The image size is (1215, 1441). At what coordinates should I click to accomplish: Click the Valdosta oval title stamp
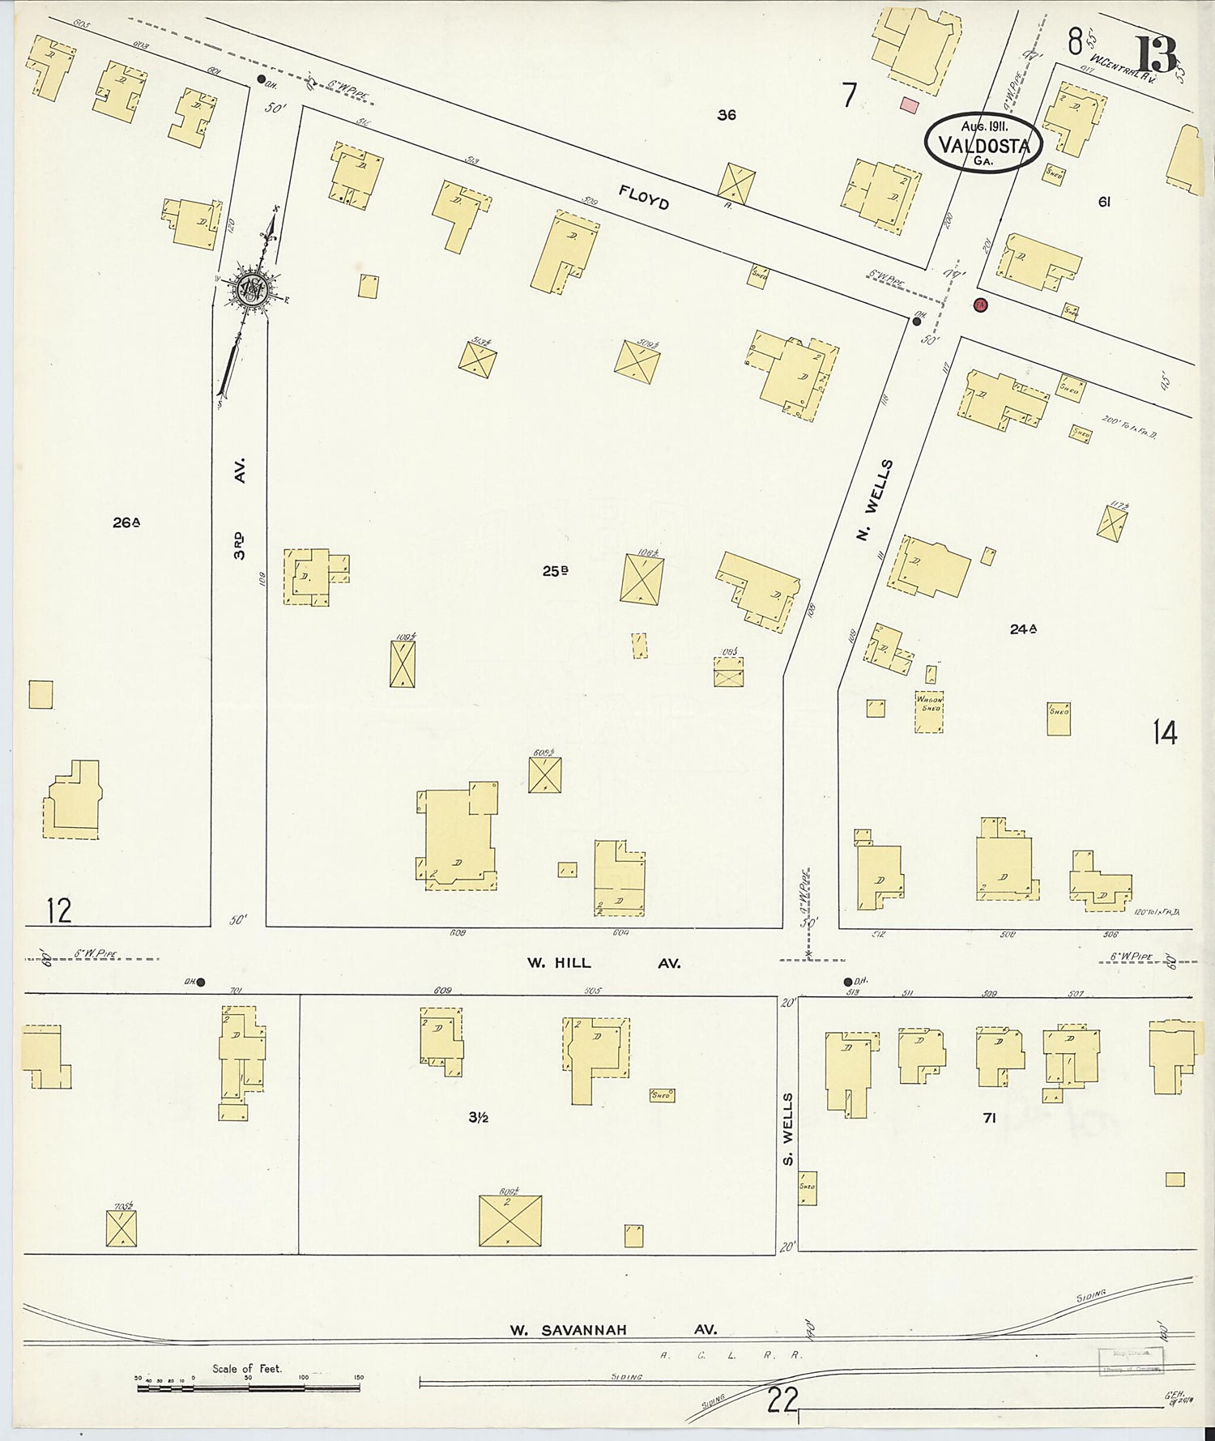[983, 143]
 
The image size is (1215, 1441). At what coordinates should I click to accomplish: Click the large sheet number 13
[1157, 55]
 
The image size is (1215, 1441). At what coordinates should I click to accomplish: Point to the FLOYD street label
[644, 197]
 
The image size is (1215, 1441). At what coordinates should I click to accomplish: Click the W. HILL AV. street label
[603, 963]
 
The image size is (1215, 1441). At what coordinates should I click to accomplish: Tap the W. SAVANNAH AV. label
[613, 1329]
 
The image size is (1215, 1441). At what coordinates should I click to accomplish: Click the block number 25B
[555, 571]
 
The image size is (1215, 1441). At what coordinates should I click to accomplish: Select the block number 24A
[1024, 628]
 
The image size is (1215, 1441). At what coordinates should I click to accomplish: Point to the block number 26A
[126, 522]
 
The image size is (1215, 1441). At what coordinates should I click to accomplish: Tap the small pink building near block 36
[910, 105]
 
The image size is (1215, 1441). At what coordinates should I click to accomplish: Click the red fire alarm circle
[981, 305]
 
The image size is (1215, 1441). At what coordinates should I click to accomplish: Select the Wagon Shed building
[929, 712]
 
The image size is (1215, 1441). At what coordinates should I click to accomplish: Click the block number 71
[989, 1118]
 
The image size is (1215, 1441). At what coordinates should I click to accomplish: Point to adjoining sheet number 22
[782, 1400]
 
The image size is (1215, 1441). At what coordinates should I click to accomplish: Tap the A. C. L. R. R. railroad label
[731, 1354]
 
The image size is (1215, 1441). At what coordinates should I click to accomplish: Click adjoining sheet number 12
[59, 911]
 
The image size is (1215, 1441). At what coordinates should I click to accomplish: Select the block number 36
[727, 115]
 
